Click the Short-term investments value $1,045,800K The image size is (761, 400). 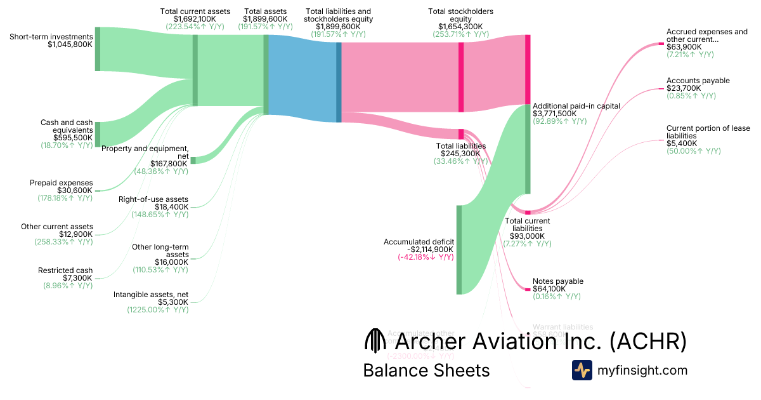[70, 45]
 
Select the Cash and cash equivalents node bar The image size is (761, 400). [98, 134]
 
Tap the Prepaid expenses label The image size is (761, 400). [62, 183]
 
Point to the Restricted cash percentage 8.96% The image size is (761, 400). [64, 286]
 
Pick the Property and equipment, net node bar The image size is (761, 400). [193, 160]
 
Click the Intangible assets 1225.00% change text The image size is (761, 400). [157, 310]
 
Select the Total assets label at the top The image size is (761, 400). [265, 11]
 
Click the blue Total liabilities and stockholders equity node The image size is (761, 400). [339, 82]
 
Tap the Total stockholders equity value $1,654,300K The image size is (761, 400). [460, 27]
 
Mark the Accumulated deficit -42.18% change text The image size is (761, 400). [426, 257]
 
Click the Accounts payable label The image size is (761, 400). [698, 81]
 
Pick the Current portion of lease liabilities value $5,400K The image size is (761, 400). [682, 143]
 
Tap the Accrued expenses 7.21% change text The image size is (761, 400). [690, 55]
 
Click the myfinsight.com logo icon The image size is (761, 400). [582, 370]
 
